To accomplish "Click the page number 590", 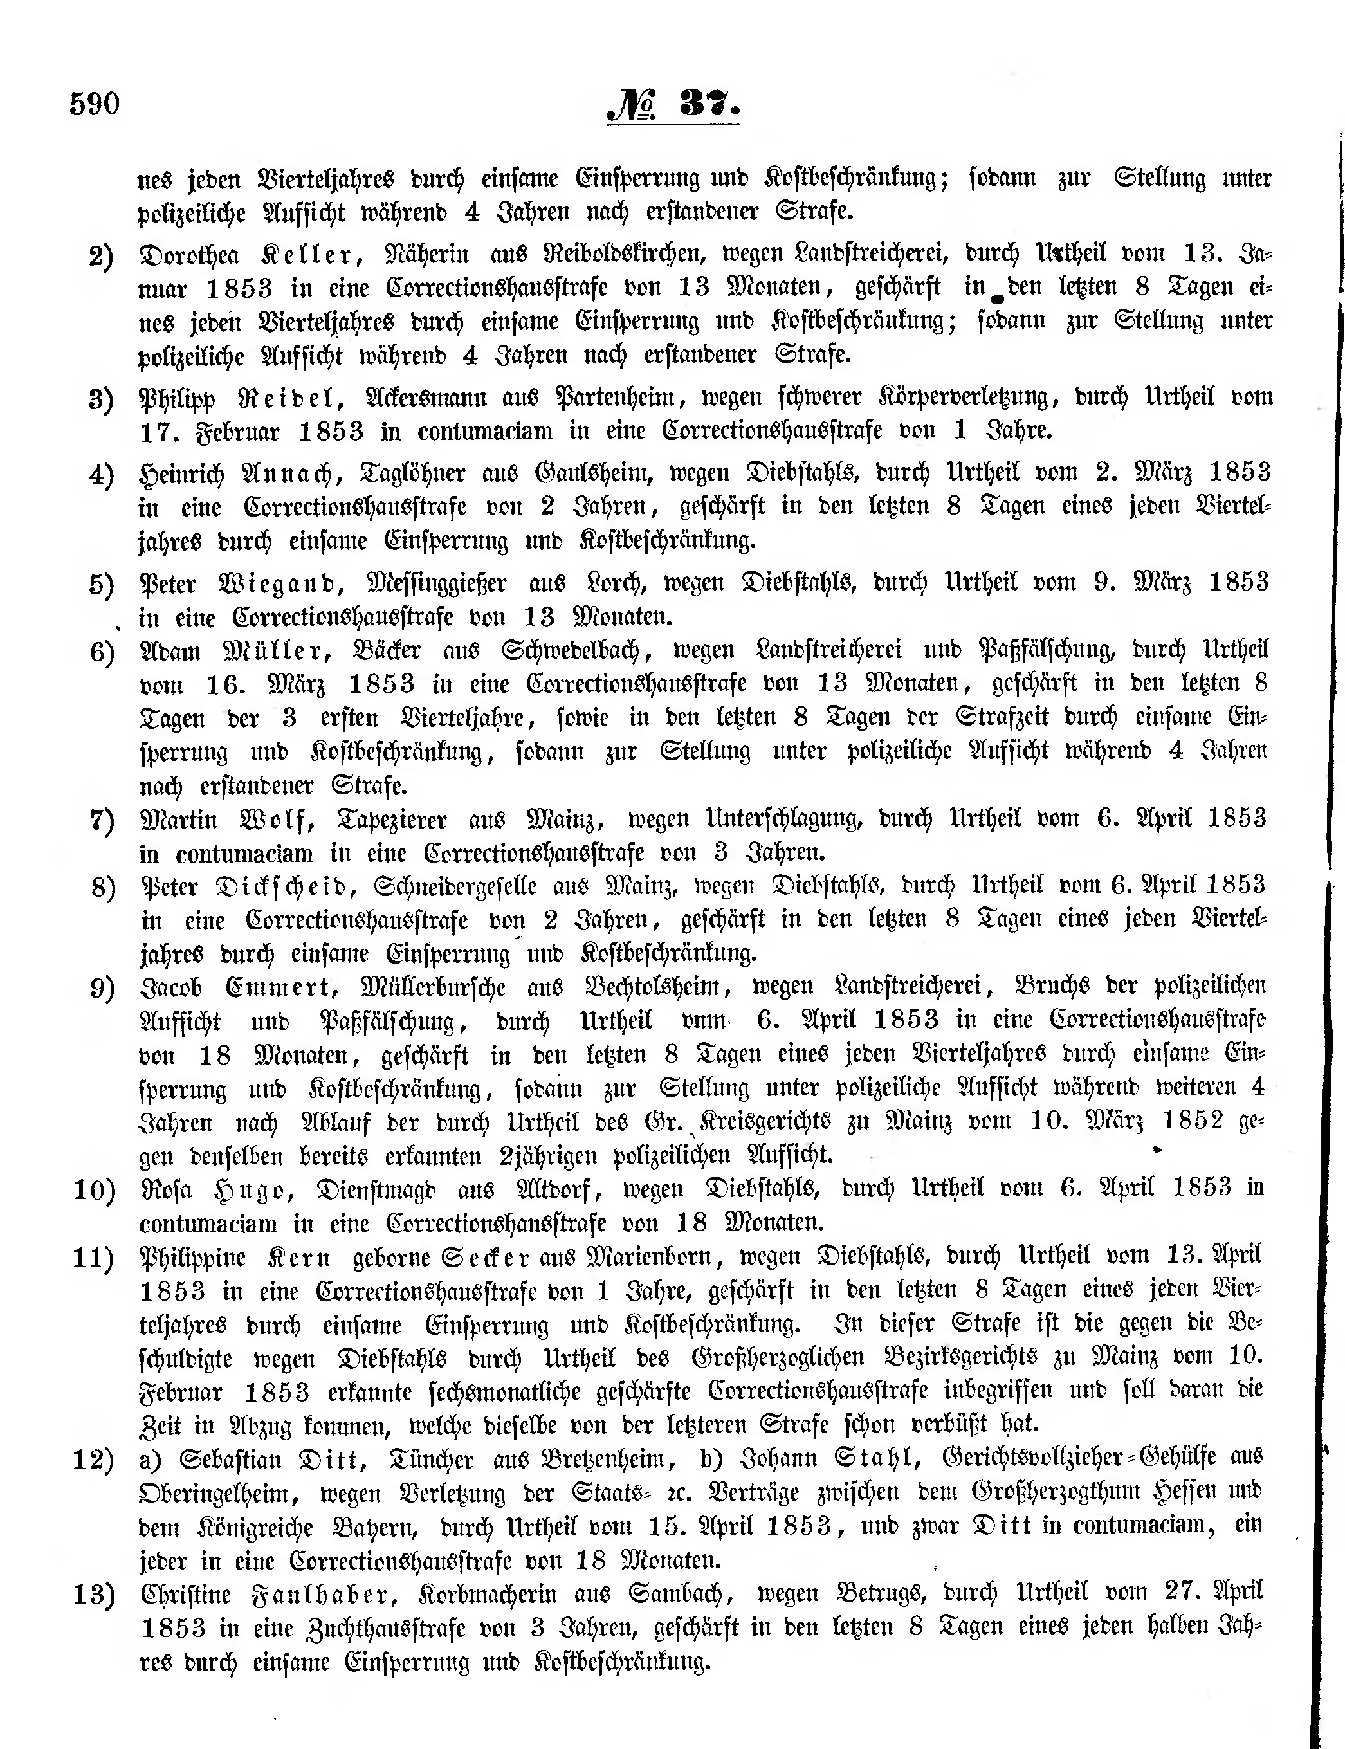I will [x=95, y=104].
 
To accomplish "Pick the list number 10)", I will [x=95, y=1190].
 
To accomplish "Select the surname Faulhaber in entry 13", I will [x=324, y=1595].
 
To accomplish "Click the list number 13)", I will [x=95, y=1595].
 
